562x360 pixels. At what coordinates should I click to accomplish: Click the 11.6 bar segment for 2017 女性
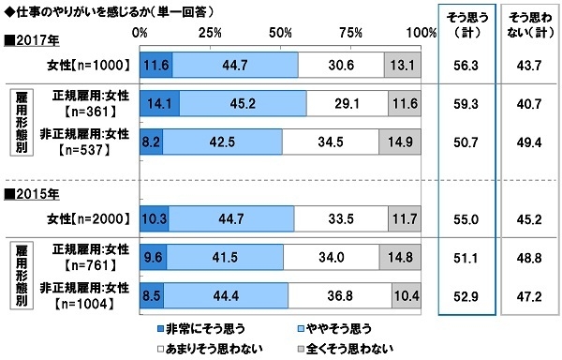click(x=156, y=64)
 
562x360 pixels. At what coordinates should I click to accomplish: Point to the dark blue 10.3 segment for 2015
click(x=154, y=218)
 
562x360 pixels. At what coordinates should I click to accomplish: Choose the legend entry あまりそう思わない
click(x=195, y=347)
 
